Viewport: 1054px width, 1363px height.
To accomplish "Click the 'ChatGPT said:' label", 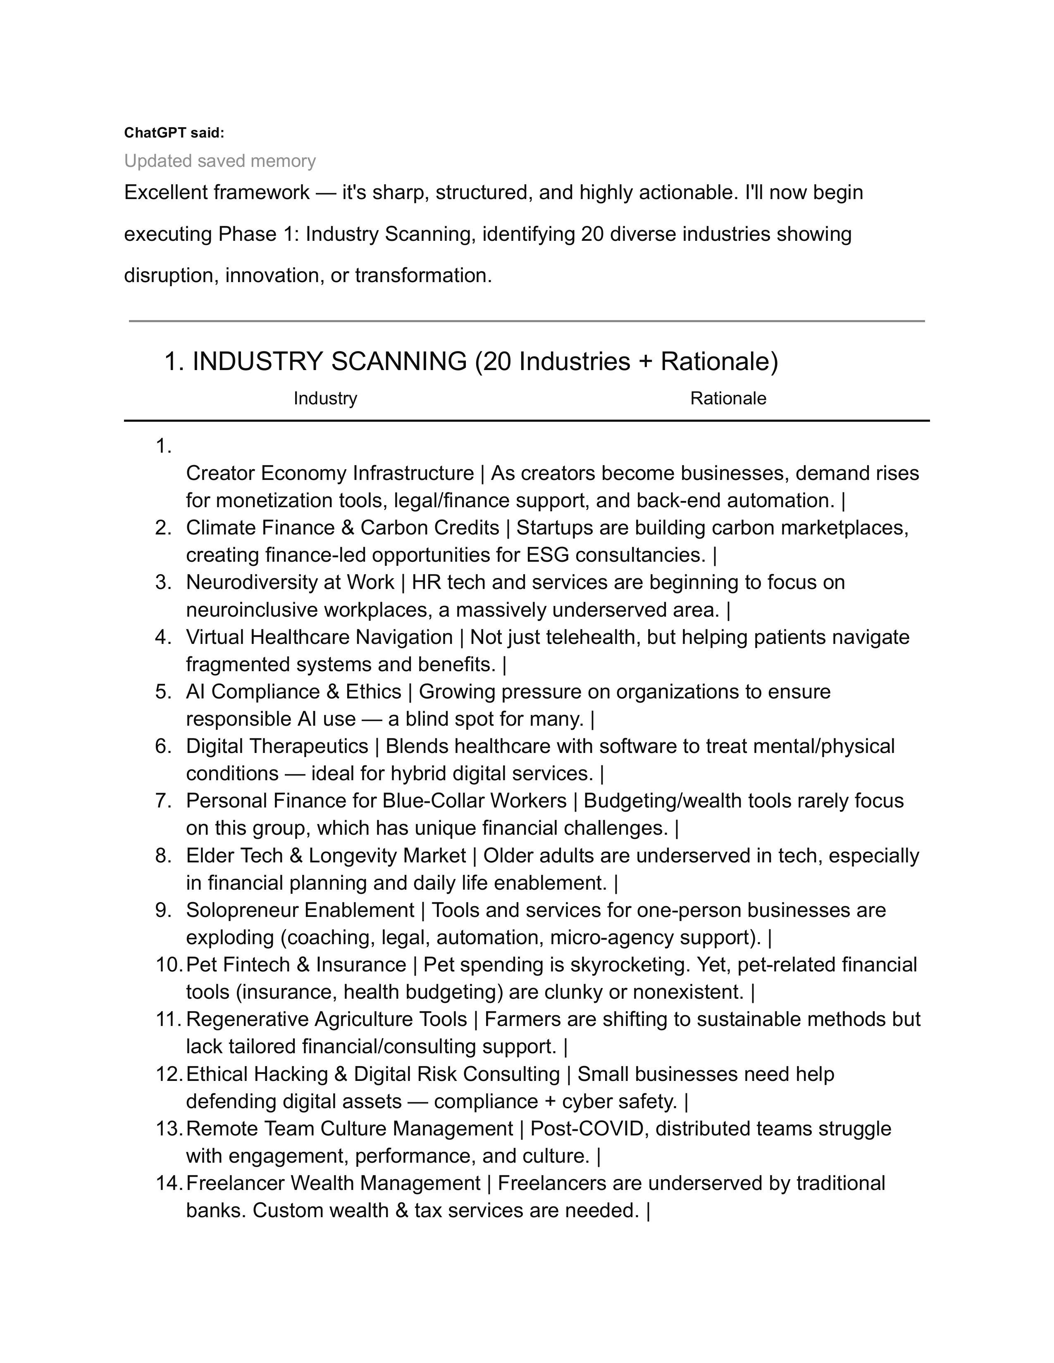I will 174,133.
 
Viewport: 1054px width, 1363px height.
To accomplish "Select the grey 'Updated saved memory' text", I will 220,161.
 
